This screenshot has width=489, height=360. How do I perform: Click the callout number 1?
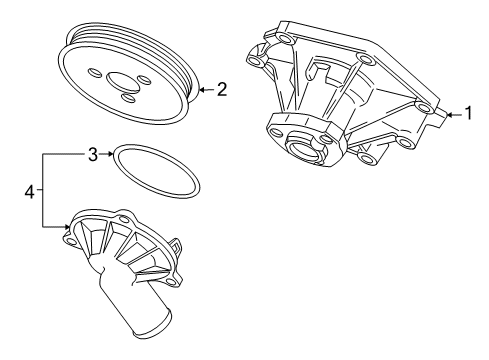(x=469, y=113)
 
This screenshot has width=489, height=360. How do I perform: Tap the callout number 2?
(x=222, y=89)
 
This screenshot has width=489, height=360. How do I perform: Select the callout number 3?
(x=93, y=154)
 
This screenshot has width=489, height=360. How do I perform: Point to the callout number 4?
(x=30, y=192)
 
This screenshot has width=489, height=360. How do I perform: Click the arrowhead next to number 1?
(x=449, y=115)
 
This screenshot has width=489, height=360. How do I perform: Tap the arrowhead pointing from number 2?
(x=202, y=89)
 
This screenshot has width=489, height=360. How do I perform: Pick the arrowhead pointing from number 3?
(x=110, y=154)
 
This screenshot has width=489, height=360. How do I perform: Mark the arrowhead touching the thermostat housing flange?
(x=67, y=227)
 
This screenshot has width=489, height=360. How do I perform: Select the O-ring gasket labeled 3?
(x=156, y=170)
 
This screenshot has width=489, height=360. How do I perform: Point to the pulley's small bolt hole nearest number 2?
(x=144, y=80)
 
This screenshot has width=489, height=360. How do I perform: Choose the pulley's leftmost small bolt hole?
(x=94, y=73)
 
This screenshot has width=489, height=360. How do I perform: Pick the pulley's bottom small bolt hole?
(x=128, y=98)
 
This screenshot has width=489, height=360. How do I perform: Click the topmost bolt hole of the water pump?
(x=286, y=39)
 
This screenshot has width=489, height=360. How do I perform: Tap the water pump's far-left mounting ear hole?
(x=255, y=60)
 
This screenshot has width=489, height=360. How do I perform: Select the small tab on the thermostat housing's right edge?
(x=176, y=245)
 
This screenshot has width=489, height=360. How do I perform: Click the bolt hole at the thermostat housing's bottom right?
(x=171, y=282)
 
